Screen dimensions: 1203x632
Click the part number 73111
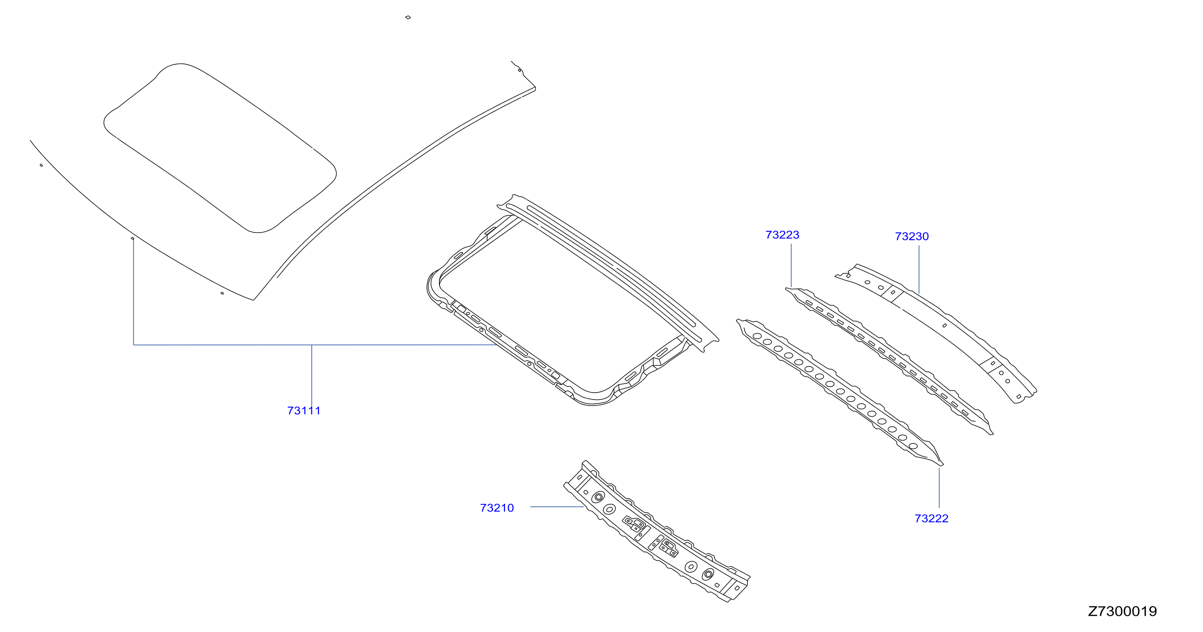tap(304, 411)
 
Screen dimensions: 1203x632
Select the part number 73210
tap(497, 508)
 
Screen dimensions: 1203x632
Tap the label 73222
tap(931, 518)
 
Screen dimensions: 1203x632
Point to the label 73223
tap(782, 235)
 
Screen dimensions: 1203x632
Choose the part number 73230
tap(912, 236)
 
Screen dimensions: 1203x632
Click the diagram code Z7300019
tap(1122, 611)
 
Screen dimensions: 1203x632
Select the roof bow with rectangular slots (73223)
tap(890, 361)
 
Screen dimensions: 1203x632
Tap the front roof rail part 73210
tap(656, 531)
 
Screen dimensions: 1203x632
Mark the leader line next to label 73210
tap(557, 507)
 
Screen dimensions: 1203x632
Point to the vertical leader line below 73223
tap(791, 265)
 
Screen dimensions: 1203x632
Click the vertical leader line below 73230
tap(919, 270)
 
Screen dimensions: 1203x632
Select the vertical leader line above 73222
tap(939, 488)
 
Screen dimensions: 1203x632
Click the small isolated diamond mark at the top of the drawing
tap(408, 17)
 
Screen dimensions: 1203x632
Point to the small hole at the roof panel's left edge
tap(41, 165)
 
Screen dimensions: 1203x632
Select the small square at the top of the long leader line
tap(132, 238)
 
